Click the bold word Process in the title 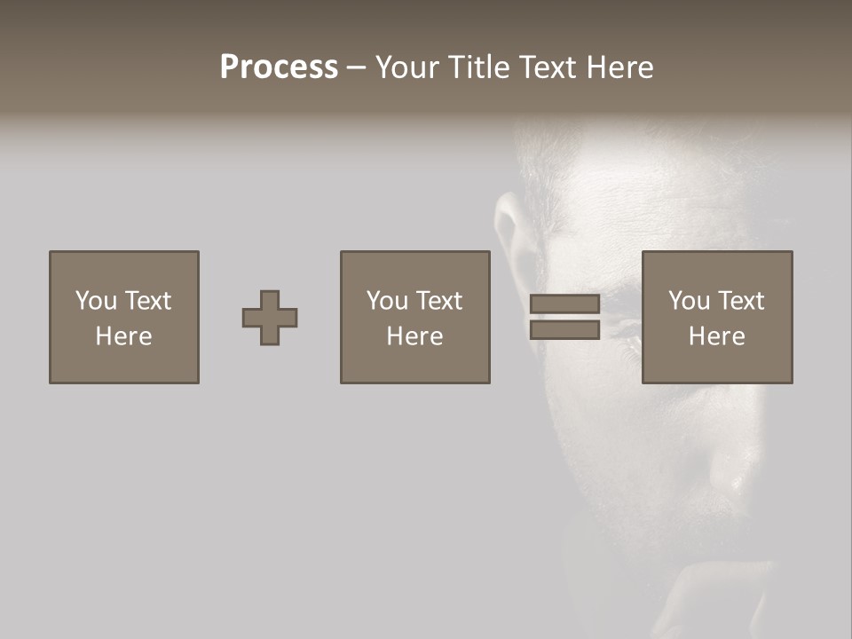pos(279,67)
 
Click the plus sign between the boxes pos(270,318)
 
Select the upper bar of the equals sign pos(564,304)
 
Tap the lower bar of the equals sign pos(564,330)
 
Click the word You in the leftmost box pos(96,301)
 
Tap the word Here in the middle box pos(415,336)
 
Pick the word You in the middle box pos(387,301)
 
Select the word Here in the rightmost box pos(717,336)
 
